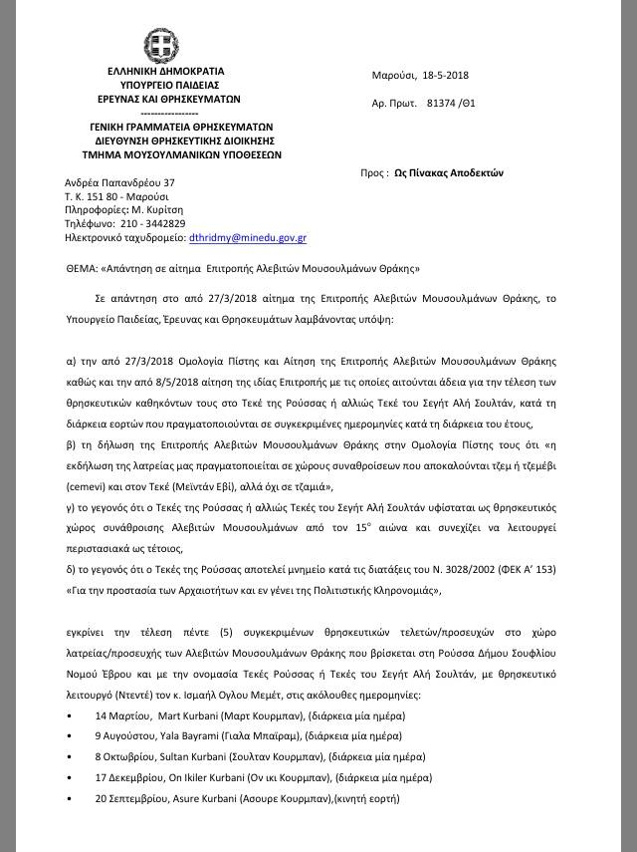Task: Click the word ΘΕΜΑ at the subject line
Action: (x=80, y=269)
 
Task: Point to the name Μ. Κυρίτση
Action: (x=158, y=210)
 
